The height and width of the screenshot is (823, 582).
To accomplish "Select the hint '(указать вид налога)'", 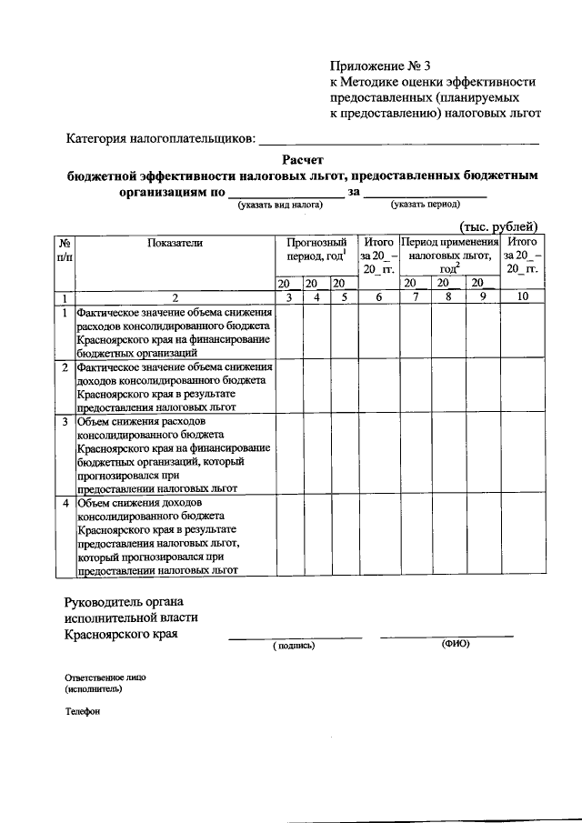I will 281,206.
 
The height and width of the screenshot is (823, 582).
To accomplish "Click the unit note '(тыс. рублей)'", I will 498,226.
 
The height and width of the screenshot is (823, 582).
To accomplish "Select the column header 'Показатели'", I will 174,243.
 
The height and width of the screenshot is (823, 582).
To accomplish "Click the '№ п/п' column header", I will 65,250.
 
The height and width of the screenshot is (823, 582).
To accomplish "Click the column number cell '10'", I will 522,297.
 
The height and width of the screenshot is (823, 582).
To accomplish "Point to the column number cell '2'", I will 174,297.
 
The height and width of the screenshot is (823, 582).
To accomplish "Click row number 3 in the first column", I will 65,422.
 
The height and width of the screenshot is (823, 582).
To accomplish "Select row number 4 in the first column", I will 65,503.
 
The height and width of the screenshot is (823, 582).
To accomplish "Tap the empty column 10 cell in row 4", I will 522,537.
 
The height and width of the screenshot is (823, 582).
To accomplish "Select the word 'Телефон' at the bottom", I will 81,711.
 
